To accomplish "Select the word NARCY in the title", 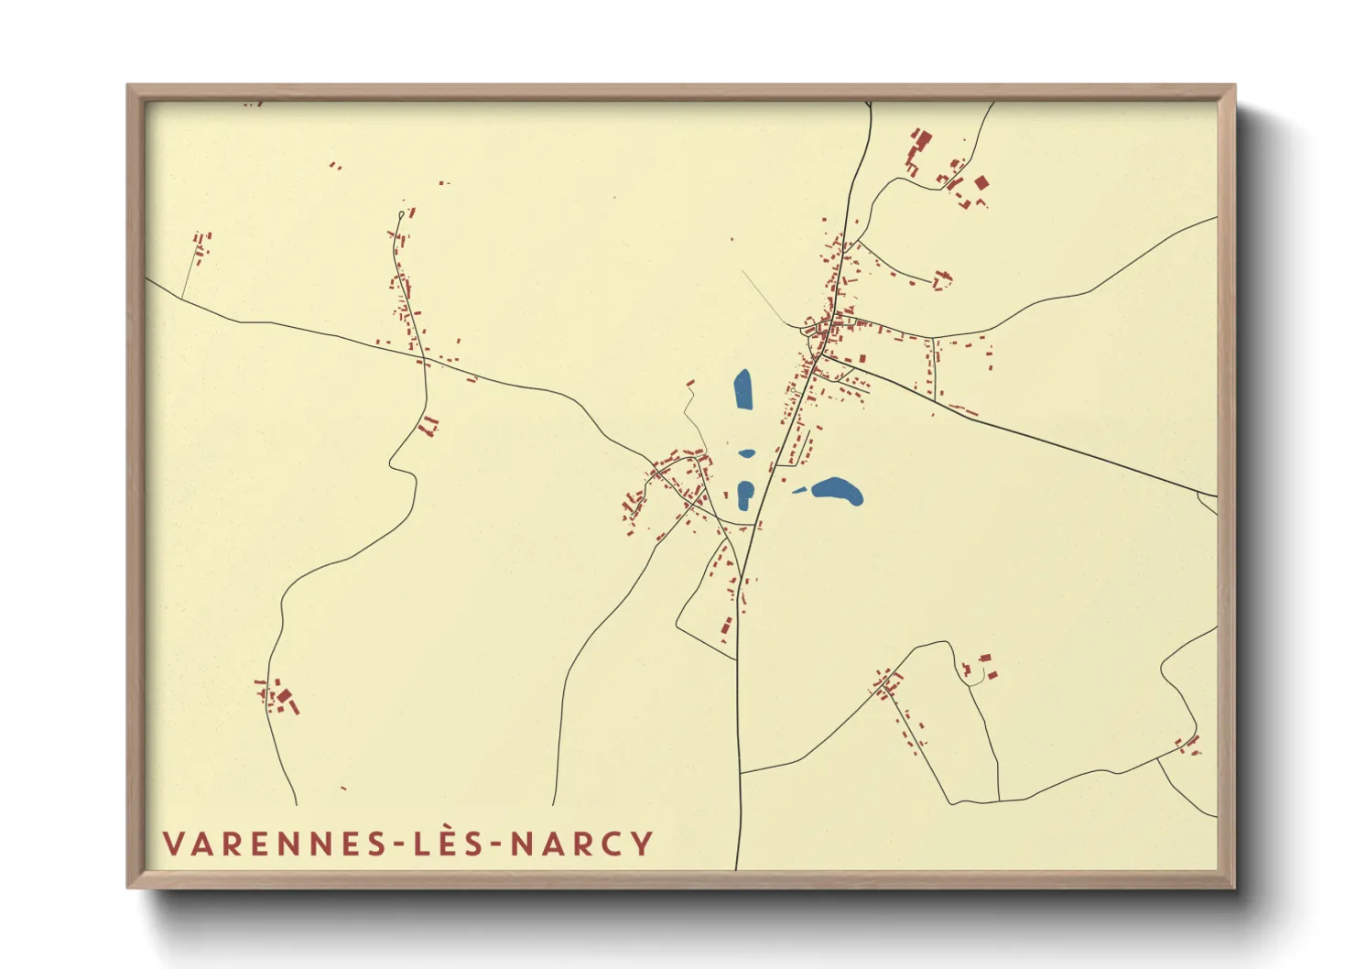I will tap(581, 844).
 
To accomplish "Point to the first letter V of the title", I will tap(174, 844).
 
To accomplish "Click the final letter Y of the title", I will tap(643, 844).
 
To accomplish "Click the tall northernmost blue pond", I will tap(743, 390).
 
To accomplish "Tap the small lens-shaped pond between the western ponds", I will tap(747, 452).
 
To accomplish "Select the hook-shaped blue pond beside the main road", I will tap(745, 495).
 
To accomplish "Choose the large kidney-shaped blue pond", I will tap(839, 491).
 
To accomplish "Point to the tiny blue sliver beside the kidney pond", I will tap(799, 491).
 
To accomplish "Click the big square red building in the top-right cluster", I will tap(981, 183).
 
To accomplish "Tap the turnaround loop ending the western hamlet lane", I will tap(401, 215).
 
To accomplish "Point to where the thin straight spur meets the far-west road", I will tap(182, 298).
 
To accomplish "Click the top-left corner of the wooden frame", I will tap(128, 85).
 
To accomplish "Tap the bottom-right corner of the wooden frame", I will tap(1234, 887).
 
